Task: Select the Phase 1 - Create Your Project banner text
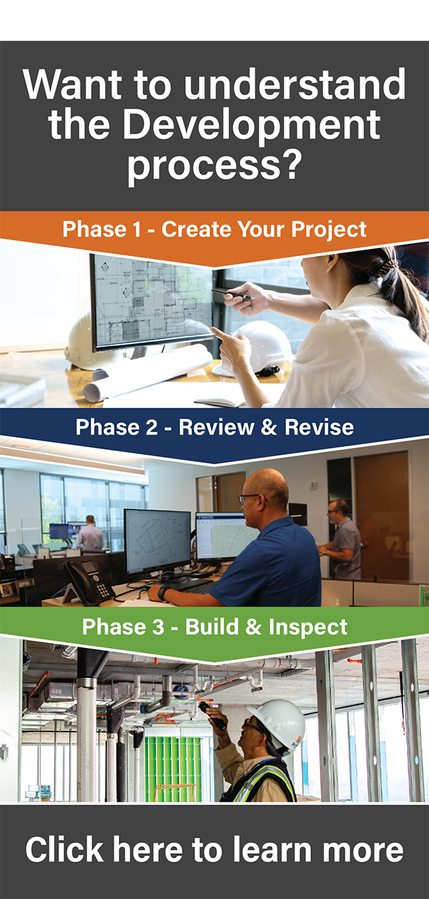[x=214, y=230]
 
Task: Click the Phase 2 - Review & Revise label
[x=214, y=428]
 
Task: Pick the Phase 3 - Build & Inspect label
[x=214, y=627]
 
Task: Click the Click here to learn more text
[x=214, y=850]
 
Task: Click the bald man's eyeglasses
[x=249, y=498]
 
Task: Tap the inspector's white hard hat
[x=278, y=722]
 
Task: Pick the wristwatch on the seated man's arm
[x=164, y=592]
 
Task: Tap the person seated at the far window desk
[x=89, y=533]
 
